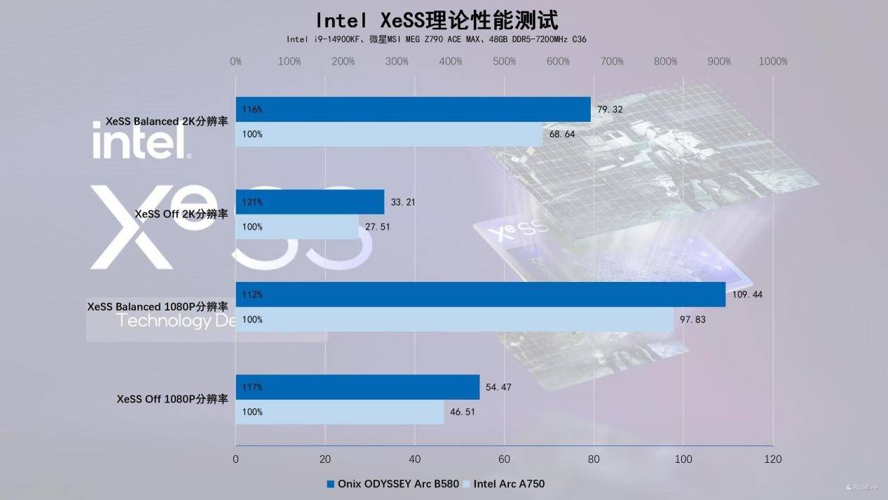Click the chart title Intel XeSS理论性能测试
click(437, 19)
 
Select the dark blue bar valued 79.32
click(413, 109)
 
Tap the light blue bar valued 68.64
click(389, 134)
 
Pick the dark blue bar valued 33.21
click(310, 202)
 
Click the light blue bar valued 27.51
click(297, 227)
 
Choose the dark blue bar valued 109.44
click(480, 295)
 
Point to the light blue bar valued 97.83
click(454, 319)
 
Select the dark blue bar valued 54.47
click(357, 387)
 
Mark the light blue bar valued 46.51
click(339, 412)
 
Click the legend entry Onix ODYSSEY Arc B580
click(393, 483)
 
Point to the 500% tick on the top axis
click(505, 62)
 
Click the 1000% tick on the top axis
click(773, 62)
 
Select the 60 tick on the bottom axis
click(504, 459)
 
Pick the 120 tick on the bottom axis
click(772, 459)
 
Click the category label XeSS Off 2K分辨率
click(182, 214)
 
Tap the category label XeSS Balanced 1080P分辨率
click(158, 306)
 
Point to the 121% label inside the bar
click(252, 202)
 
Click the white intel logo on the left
click(141, 140)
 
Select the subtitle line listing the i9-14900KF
click(436, 39)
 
